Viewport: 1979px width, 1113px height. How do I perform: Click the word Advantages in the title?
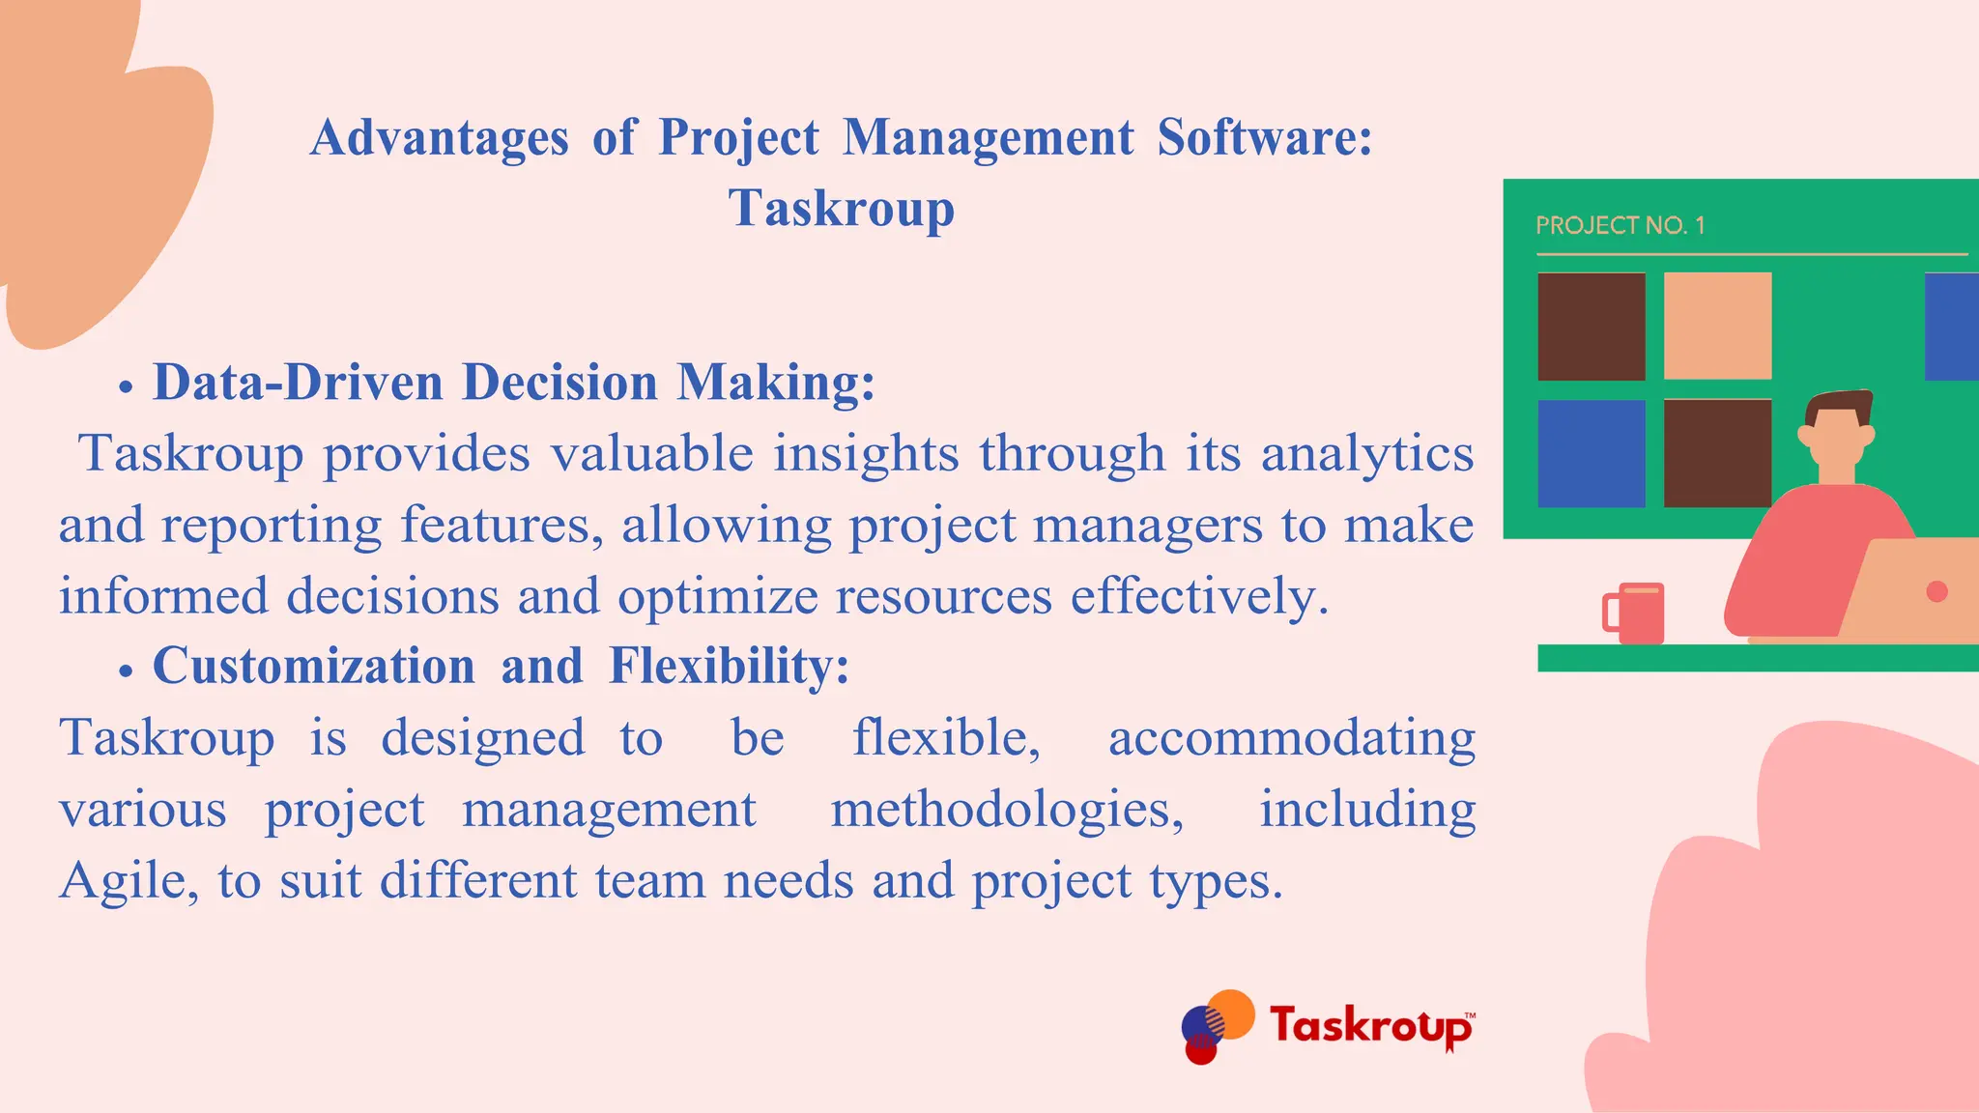(x=439, y=138)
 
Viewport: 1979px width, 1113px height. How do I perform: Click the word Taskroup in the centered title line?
(x=841, y=209)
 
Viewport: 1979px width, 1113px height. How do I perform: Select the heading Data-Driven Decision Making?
(x=513, y=382)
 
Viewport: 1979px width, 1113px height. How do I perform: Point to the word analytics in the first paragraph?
(x=1366, y=453)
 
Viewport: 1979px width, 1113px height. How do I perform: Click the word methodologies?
(x=1007, y=810)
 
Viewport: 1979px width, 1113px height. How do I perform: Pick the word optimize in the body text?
(x=718, y=596)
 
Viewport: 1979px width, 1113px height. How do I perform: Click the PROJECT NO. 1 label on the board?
(x=1620, y=226)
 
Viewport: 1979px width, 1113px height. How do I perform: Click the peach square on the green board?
(x=1717, y=326)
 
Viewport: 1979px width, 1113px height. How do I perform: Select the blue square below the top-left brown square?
(x=1591, y=453)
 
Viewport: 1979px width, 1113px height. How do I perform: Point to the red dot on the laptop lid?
(x=1936, y=591)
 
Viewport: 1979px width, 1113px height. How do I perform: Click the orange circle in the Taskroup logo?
(x=1232, y=1012)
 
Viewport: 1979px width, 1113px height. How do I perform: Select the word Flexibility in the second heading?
(x=729, y=666)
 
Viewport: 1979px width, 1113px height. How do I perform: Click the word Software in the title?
(x=1264, y=138)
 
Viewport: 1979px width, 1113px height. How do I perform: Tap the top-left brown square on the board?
(x=1591, y=327)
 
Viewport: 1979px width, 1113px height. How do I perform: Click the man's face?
(x=1835, y=440)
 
